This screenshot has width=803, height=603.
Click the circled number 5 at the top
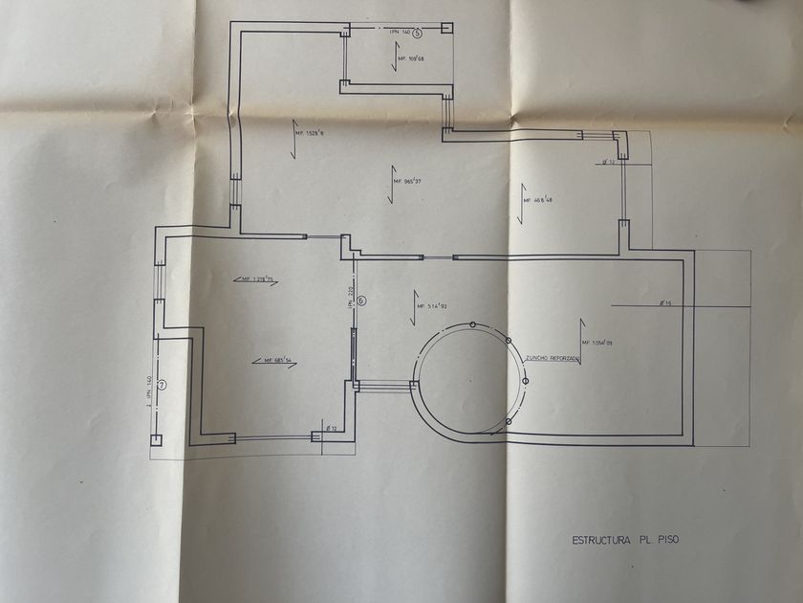416,32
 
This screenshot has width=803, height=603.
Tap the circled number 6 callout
361,301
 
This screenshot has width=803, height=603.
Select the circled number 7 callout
163,386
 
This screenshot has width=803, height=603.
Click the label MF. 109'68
412,58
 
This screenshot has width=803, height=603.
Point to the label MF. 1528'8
311,134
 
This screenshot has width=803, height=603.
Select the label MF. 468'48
537,200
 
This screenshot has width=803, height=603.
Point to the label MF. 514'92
432,306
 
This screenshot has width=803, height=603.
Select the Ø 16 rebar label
666,303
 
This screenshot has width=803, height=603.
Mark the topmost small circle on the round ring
472,326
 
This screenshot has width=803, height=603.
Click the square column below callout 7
156,439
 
